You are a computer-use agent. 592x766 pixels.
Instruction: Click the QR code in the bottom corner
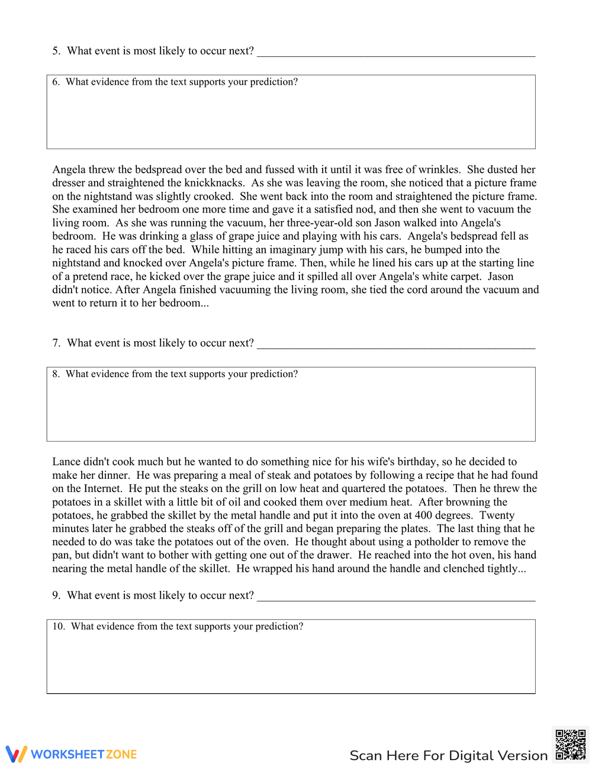pyautogui.click(x=571, y=744)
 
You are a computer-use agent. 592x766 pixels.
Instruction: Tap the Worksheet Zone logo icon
pyautogui.click(x=17, y=754)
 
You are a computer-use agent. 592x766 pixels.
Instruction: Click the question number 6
pyautogui.click(x=56, y=82)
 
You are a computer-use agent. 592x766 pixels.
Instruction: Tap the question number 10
pyautogui.click(x=58, y=627)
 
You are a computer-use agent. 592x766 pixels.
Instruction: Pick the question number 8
pyautogui.click(x=56, y=374)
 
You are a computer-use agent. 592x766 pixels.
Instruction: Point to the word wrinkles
pyautogui.click(x=439, y=170)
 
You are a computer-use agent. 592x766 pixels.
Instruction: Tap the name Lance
pyautogui.click(x=67, y=462)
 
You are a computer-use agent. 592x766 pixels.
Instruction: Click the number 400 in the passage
pyautogui.click(x=423, y=516)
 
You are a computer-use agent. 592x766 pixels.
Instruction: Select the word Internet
pyautogui.click(x=102, y=489)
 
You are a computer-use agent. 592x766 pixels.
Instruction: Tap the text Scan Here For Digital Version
pyautogui.click(x=448, y=755)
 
